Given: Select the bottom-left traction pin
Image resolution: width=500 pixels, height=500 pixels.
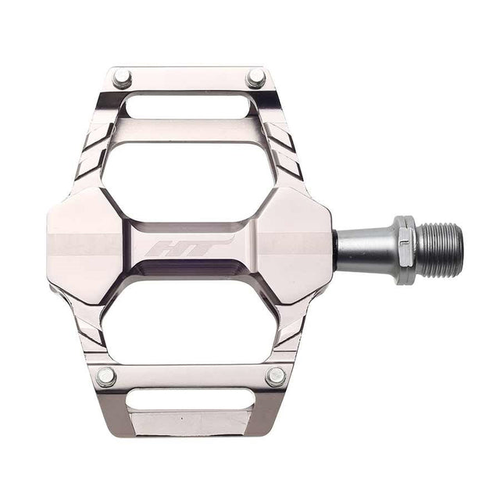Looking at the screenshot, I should click(x=107, y=376).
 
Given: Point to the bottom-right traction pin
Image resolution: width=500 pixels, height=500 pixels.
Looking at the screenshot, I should click(x=275, y=376).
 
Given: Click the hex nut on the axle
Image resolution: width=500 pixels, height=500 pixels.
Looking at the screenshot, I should click(x=402, y=249).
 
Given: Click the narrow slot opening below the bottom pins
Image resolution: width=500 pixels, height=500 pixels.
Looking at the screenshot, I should click(x=191, y=399).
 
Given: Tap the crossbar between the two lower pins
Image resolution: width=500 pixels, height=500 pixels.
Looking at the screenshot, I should click(x=191, y=376).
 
